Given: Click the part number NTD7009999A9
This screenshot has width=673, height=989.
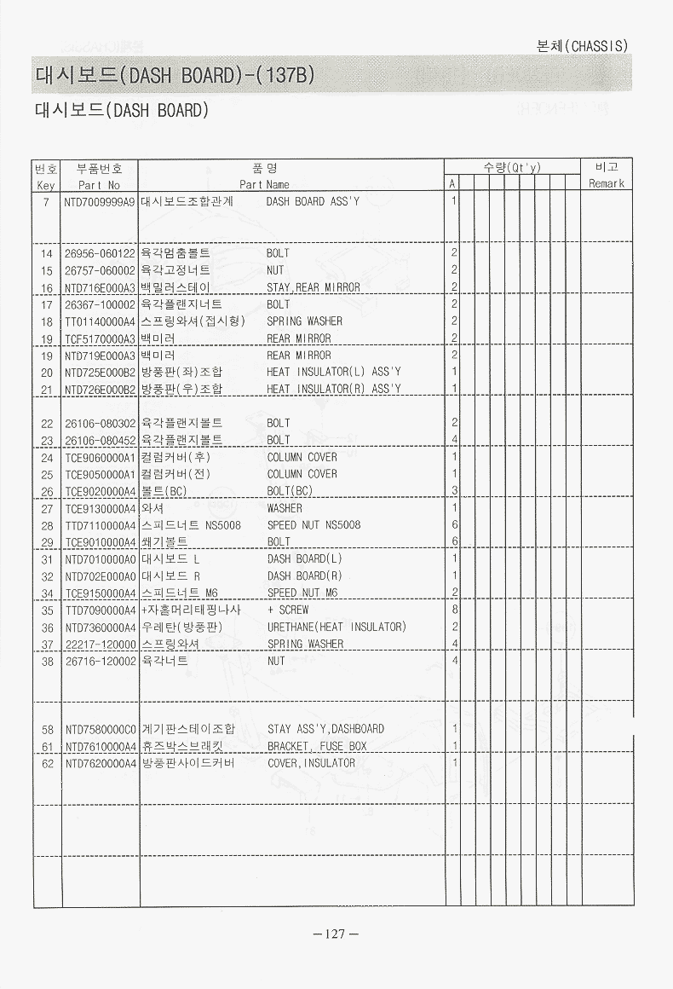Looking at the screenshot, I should pos(100,202).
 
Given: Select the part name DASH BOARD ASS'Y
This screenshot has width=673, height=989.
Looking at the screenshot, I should pos(313,202).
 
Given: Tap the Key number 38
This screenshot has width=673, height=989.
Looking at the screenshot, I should pos(47,661).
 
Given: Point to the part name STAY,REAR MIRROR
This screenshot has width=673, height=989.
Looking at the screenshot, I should pos(313,287).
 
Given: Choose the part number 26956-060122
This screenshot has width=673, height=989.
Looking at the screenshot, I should pos(100,253).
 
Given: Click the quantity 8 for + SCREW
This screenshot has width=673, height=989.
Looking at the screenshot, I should pos(455,610).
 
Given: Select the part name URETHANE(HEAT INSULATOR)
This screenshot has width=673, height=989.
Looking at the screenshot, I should pos(336,627).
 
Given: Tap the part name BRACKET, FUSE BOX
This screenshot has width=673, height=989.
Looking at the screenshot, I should pos(317,746).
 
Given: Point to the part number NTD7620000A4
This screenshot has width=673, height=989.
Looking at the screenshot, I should pos(100,763).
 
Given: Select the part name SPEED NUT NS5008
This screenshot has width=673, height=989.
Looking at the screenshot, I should pos(313,525).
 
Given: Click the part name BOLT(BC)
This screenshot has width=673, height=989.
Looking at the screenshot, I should pos(290,491).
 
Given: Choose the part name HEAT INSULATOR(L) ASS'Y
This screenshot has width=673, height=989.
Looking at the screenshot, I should pos(333,372).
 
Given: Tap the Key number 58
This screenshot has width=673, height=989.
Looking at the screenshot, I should pos(47,729).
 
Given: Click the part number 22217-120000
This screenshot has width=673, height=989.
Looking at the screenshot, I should pos(100,644).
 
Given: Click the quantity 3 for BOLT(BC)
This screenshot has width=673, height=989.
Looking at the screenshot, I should pos(455,491).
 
